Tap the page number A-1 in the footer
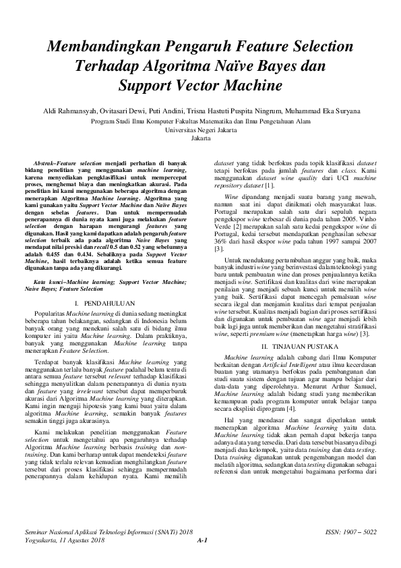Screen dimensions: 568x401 coord(201,540)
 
